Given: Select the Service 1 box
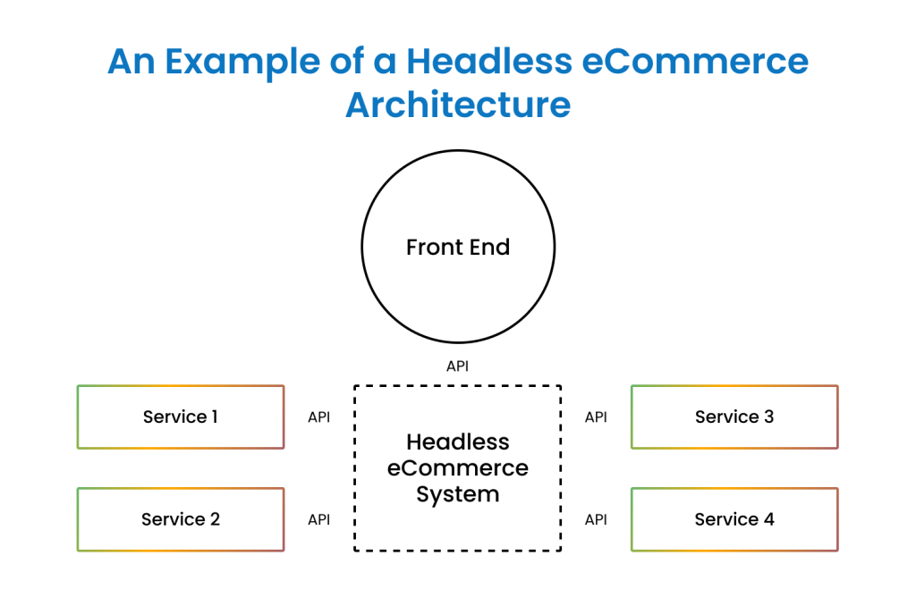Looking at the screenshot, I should (180, 417).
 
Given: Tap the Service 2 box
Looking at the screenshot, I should (180, 519).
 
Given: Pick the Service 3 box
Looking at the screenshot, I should (734, 417).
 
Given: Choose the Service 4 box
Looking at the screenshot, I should (734, 519).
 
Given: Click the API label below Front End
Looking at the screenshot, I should (457, 366).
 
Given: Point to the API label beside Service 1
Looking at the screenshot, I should (318, 417).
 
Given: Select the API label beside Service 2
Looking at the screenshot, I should (318, 519).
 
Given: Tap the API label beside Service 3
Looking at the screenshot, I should (596, 417).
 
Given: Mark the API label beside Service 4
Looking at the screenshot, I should (596, 519).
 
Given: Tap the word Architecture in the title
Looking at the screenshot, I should (458, 105).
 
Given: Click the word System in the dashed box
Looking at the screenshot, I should (457, 494).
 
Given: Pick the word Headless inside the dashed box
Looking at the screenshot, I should (457, 442).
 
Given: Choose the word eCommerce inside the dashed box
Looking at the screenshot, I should (457, 467).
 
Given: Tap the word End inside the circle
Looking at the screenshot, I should (488, 247).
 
